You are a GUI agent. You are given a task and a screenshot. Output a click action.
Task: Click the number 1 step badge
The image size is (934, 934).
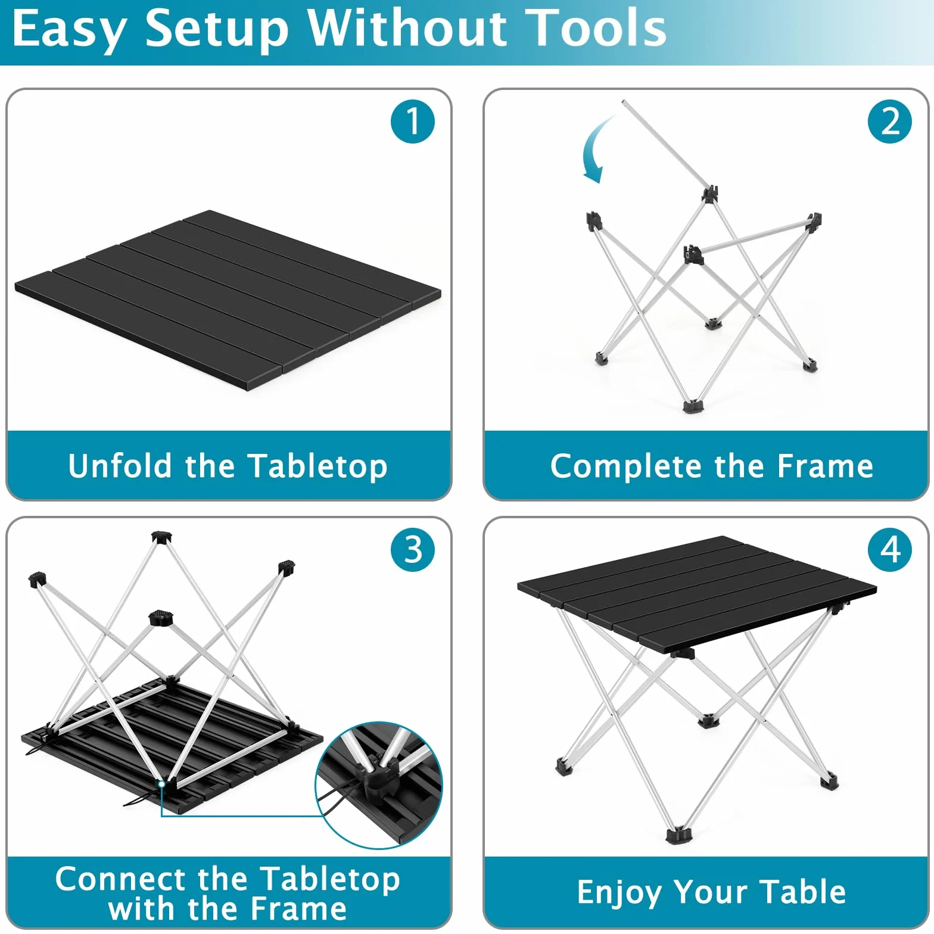coord(413,122)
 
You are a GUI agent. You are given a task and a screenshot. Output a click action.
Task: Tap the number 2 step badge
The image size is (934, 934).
coord(890,122)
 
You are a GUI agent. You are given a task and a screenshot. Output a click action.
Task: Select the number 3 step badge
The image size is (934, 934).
coord(413,549)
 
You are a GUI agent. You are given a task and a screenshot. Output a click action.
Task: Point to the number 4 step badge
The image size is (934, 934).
coord(890,549)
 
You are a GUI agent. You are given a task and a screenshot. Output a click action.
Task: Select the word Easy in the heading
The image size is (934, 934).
coord(69,30)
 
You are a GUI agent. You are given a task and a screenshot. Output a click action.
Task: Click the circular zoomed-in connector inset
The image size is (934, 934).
coord(379,785)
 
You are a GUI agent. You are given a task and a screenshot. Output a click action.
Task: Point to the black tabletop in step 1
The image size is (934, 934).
coord(228,300)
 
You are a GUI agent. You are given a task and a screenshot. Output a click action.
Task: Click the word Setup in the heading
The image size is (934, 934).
coord(217,30)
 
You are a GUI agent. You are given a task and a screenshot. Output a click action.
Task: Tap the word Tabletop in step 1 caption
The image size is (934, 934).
coord(317,466)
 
